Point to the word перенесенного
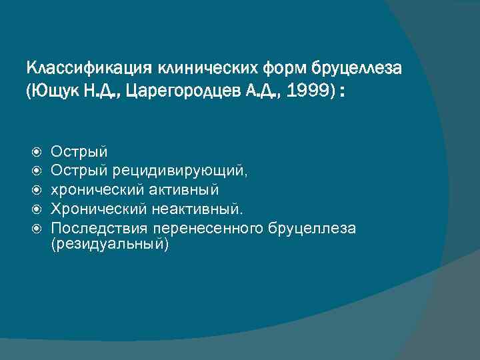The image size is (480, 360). [x=209, y=229]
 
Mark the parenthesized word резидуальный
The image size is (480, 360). [x=110, y=245]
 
